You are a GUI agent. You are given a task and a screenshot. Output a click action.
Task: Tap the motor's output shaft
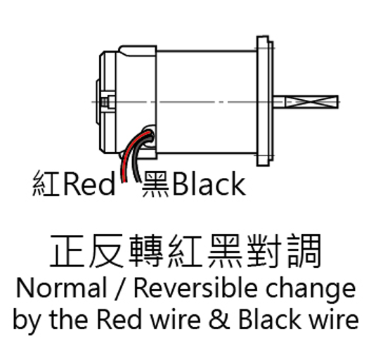(306, 102)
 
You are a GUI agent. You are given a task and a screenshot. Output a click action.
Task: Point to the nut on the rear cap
(108, 103)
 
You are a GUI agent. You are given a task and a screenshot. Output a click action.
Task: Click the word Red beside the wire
(89, 184)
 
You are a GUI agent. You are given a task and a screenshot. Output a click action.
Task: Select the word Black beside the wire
(209, 184)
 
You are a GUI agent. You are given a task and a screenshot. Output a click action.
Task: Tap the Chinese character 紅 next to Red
(46, 184)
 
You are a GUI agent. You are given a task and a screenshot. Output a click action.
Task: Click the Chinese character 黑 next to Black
(155, 184)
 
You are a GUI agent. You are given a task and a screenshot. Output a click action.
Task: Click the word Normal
(62, 288)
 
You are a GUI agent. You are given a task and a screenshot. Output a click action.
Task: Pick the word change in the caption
(311, 290)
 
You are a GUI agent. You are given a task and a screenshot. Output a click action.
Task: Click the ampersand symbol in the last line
(219, 319)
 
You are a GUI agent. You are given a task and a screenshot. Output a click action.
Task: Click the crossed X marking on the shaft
(311, 102)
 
